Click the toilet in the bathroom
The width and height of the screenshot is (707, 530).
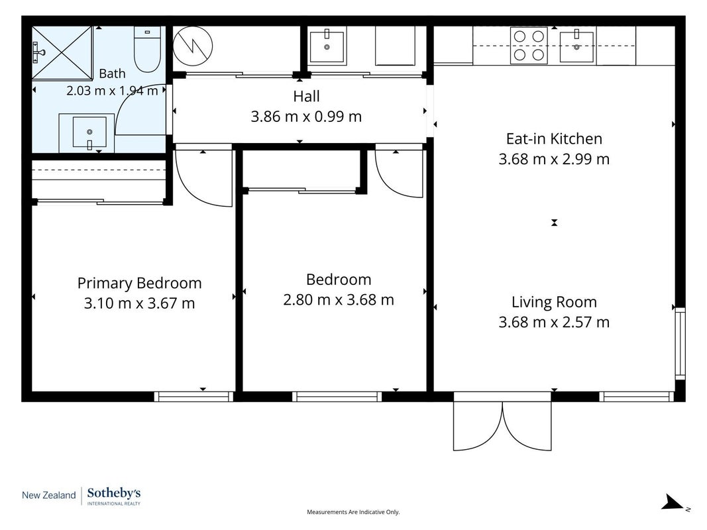(x=148, y=49)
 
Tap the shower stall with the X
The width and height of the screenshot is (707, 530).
(x=62, y=53)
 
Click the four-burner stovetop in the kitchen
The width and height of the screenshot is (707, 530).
(x=529, y=45)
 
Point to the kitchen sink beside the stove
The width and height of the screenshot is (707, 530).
(x=576, y=46)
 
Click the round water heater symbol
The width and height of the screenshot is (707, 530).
(x=193, y=46)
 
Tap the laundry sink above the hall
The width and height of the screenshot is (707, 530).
(x=327, y=46)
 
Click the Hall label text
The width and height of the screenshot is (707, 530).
(x=306, y=97)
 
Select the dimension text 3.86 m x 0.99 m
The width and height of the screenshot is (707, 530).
(x=306, y=117)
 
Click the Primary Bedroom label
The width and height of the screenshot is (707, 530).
(x=139, y=283)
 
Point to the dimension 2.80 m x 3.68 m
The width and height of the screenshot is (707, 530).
(x=339, y=299)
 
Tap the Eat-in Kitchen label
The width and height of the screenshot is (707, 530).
(x=554, y=139)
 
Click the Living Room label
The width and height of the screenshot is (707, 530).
(x=554, y=302)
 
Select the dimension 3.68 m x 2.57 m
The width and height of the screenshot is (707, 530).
(x=554, y=322)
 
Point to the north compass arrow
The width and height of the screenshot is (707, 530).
(x=673, y=502)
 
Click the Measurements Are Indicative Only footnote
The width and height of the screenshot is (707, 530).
(x=354, y=512)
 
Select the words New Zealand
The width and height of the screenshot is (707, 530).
(x=48, y=496)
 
